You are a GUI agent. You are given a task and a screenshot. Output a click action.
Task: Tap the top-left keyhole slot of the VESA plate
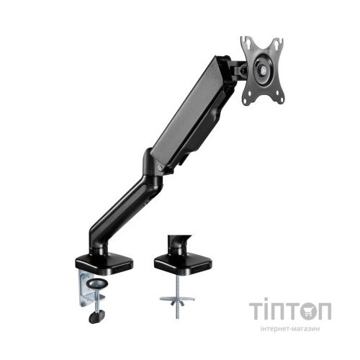247,42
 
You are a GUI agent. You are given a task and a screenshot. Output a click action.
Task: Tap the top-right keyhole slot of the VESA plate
277,43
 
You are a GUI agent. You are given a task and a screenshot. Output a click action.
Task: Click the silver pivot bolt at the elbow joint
160,167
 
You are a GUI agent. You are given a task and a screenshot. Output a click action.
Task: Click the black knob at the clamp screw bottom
96,316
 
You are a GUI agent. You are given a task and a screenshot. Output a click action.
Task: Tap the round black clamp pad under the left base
97,284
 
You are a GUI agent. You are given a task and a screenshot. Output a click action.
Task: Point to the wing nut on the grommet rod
177,303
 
